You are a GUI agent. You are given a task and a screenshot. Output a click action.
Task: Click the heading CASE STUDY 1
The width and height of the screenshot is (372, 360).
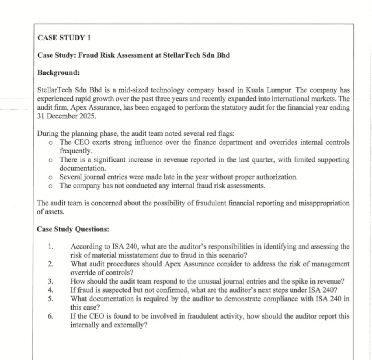pyautogui.click(x=64, y=38)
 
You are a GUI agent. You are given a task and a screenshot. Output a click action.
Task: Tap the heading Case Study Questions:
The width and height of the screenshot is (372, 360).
pyautogui.click(x=73, y=228)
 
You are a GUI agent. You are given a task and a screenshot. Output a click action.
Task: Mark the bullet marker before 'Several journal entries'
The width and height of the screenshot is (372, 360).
pyautogui.click(x=52, y=177)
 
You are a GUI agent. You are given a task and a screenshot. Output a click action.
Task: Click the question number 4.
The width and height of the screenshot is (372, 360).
pyautogui.click(x=51, y=289)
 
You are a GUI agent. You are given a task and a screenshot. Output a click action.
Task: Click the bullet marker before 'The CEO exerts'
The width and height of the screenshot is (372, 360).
pyautogui.click(x=52, y=143)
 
